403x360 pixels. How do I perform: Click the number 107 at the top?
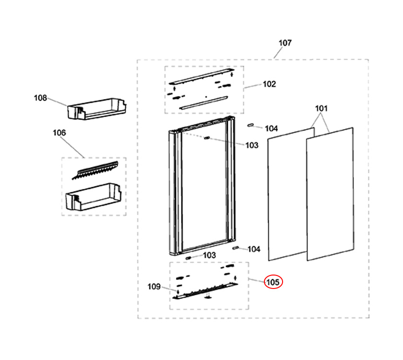pos(285,43)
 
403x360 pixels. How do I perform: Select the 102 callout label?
pos(269,84)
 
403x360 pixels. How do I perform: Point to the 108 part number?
pos(40,98)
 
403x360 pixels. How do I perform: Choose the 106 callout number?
pos(59,132)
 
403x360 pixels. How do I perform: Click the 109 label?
pos(154,287)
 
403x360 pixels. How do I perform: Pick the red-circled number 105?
pos(273,282)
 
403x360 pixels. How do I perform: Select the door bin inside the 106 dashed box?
pos(94,197)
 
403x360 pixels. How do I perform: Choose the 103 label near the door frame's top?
pos(252,145)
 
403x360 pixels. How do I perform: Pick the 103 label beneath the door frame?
pos(209,255)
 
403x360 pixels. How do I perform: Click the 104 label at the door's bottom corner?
pos(254,249)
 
